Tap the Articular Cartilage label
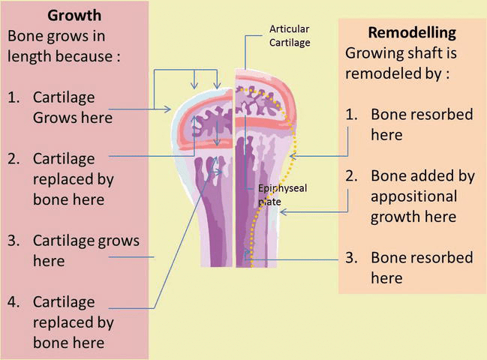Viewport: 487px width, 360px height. point(290,35)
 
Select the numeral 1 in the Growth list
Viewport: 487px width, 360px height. point(14,98)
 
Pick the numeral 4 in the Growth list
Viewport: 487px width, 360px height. point(14,302)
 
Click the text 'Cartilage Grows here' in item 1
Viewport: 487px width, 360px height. point(72,108)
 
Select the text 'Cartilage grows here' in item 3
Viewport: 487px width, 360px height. point(86,251)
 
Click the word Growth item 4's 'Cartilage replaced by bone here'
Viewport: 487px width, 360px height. point(74,322)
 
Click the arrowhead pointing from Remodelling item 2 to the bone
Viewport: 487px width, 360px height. point(284,212)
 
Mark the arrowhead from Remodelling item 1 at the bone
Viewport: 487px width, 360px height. point(294,157)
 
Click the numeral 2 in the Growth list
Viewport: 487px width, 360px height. point(14,159)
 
